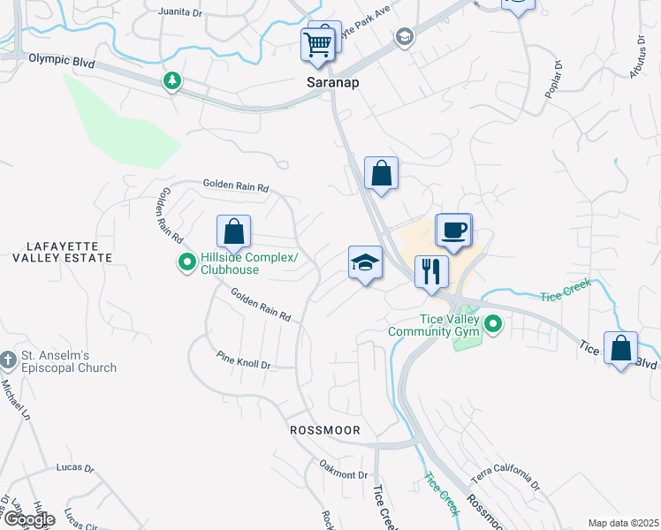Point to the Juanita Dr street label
coord(179,12)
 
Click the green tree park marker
coord(172,81)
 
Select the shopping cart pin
coord(317,43)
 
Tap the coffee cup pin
coord(454,231)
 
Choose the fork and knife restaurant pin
coord(431,270)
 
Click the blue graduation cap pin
coord(365,262)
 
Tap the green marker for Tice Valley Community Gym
coord(494,325)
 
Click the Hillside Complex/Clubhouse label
coord(249,263)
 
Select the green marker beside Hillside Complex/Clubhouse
coord(186,262)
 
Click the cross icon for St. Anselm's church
coord(7,360)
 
